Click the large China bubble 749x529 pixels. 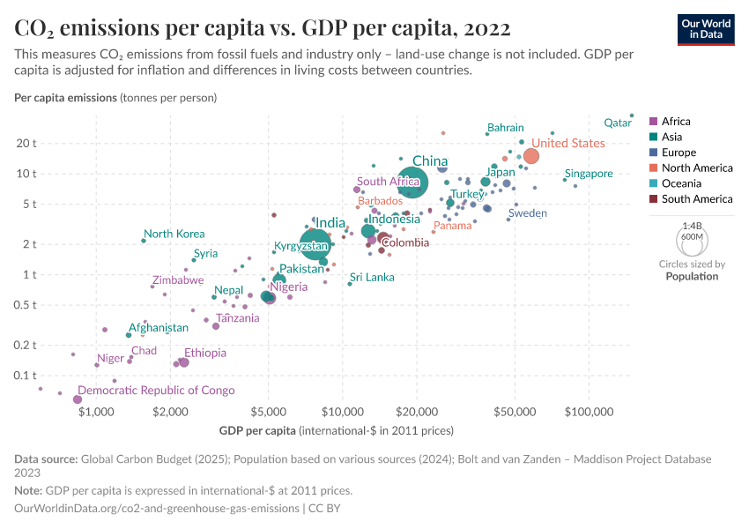[412, 183]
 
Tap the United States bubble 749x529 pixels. [531, 156]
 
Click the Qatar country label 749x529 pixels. [618, 123]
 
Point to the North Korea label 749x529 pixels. [174, 235]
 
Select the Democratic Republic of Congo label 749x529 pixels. [156, 391]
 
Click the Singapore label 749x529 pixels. [589, 174]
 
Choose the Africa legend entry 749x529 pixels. [676, 122]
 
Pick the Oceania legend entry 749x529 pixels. [681, 183]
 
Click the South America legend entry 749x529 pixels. [696, 199]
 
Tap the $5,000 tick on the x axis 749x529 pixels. [268, 412]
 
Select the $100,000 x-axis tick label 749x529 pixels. [588, 412]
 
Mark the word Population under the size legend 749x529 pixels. [692, 276]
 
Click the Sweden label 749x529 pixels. [528, 213]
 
